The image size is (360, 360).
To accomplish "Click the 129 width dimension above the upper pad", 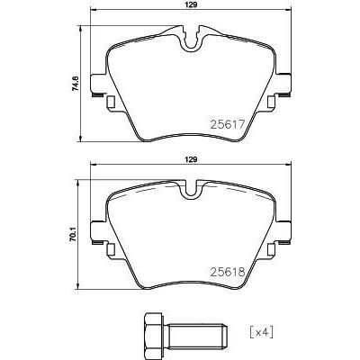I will [x=189, y=5].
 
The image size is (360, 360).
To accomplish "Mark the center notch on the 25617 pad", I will [x=189, y=40].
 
